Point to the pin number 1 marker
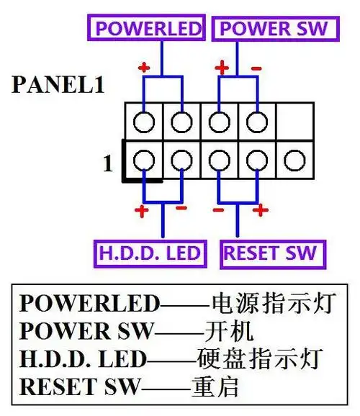pos(108,164)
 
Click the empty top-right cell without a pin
pos(293,121)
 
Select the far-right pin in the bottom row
pos(293,159)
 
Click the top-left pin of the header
pos(144,121)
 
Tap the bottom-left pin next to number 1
pos(144,159)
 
